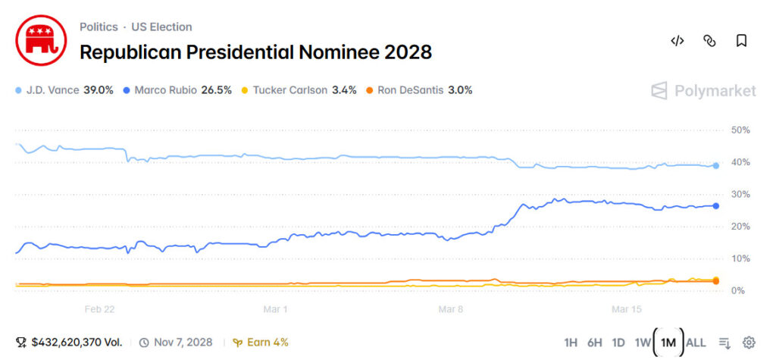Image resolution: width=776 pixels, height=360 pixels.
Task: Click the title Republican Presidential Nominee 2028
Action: point(255,52)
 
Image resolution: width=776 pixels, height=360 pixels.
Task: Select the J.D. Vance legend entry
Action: point(64,89)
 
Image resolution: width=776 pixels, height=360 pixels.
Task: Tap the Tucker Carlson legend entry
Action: point(298,89)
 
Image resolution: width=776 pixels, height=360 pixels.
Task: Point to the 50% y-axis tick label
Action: point(740,130)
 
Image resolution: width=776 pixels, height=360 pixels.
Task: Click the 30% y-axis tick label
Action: point(740,195)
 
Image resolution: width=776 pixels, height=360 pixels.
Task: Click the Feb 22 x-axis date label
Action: point(100,309)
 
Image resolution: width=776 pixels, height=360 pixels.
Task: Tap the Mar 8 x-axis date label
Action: point(451,309)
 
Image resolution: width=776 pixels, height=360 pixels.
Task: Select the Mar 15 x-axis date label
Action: point(626,309)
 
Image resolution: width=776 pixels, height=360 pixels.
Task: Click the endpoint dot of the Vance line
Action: point(716,165)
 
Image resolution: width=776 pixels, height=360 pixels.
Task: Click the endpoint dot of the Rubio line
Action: point(716,205)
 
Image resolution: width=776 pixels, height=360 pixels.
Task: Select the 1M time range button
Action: point(668,343)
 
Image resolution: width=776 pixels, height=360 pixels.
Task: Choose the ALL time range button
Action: point(695,343)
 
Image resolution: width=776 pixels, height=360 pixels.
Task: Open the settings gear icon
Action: point(749,343)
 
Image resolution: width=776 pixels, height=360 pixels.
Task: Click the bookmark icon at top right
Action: point(741,41)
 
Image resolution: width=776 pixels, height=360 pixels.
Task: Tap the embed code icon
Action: point(677,41)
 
